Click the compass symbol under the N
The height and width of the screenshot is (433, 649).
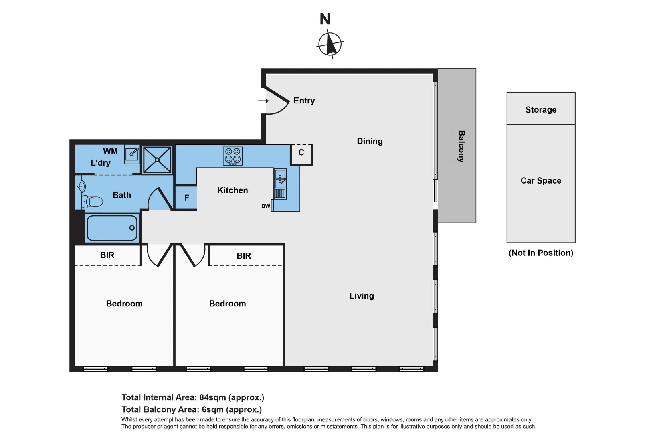(330, 44)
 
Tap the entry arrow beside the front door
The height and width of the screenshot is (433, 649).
(263, 101)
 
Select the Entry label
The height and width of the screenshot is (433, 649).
(304, 101)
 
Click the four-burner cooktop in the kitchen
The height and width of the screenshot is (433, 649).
(233, 156)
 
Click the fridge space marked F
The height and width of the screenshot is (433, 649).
(186, 198)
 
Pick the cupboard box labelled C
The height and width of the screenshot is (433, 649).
(301, 153)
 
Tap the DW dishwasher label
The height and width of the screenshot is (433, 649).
(265, 206)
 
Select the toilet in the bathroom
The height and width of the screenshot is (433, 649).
(93, 201)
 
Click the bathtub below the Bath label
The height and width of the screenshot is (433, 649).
(112, 228)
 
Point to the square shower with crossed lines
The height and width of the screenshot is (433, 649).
(157, 160)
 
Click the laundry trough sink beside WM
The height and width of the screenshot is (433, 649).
(132, 154)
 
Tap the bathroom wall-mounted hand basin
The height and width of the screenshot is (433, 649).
(81, 186)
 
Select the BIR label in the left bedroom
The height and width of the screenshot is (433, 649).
(107, 255)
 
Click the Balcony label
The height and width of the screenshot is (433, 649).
(461, 146)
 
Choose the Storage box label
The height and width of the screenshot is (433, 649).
(541, 110)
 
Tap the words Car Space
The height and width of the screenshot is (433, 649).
(541, 181)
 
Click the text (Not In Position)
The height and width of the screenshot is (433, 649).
(541, 253)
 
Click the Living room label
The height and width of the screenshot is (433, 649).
(362, 296)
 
